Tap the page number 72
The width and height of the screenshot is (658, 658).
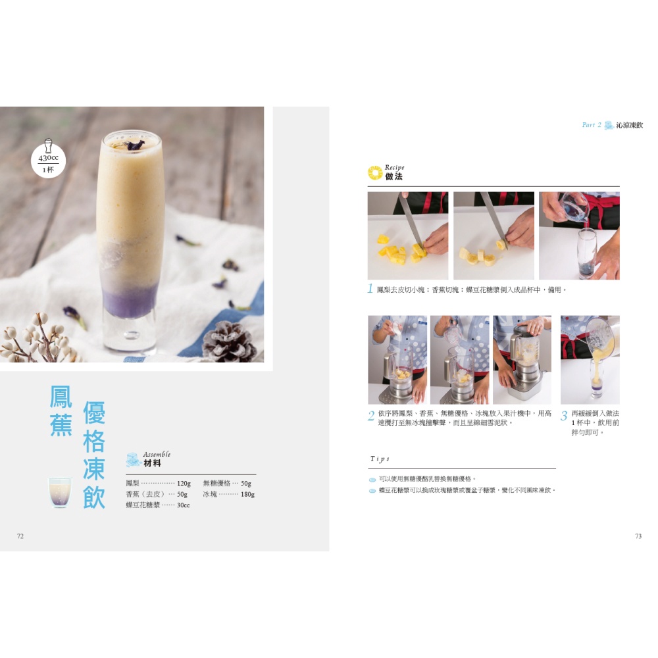pos(20,536)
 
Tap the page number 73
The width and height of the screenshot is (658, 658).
pos(638,536)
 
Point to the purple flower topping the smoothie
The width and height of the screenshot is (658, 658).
pos(134,145)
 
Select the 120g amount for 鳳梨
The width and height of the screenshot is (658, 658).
pos(184,484)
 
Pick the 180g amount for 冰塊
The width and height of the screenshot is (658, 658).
pos(247,494)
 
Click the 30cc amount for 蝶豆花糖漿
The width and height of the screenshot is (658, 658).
pos(184,505)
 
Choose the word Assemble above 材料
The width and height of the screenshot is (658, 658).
pos(157,454)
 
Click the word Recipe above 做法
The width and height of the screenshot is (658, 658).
pos(394,167)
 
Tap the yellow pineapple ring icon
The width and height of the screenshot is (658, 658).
pos(375,172)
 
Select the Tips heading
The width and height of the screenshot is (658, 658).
pos(380,459)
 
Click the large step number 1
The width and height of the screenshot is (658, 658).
pos(370,289)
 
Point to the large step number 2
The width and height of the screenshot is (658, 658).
pos(371,415)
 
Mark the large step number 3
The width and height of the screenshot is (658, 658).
pos(564,415)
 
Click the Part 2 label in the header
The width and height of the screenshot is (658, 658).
pos(592,124)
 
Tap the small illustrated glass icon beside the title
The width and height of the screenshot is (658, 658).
pos(60,492)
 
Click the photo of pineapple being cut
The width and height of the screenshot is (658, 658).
pos(408,236)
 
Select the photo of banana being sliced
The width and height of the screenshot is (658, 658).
pos(494,236)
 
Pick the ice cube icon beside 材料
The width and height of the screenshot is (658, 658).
pos(134,459)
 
